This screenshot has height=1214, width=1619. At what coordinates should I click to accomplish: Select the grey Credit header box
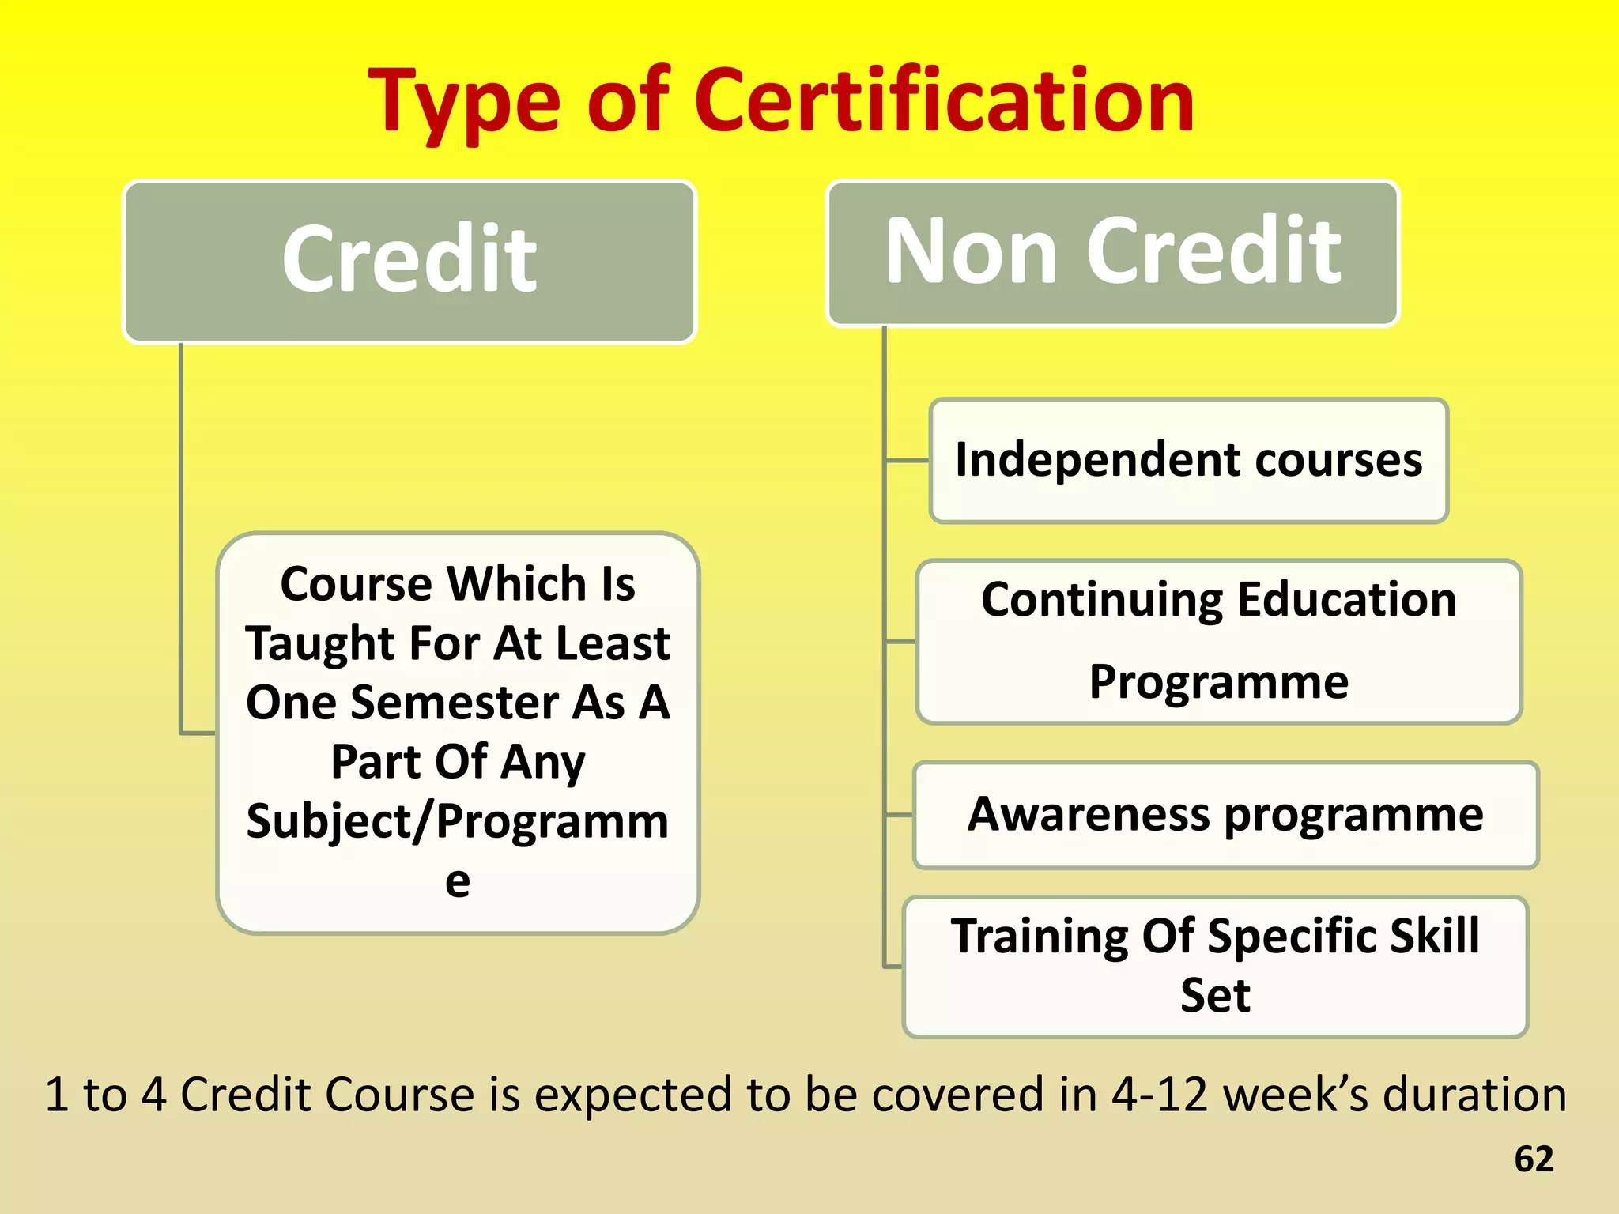click(409, 262)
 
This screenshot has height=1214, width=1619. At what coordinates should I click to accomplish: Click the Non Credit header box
click(1112, 253)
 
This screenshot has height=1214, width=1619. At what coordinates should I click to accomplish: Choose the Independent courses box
click(1188, 461)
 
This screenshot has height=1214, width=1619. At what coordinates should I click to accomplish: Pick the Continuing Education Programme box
click(1219, 641)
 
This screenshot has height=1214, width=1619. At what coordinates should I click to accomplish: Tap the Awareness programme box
click(1225, 815)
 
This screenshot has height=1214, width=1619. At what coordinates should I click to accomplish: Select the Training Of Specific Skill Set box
click(1215, 966)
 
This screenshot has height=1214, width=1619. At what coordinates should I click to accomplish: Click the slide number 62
click(1534, 1159)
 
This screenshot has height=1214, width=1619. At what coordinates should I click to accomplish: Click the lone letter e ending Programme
click(458, 881)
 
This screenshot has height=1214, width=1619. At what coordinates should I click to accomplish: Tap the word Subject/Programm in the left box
click(458, 821)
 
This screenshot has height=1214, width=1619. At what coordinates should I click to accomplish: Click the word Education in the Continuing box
click(1346, 600)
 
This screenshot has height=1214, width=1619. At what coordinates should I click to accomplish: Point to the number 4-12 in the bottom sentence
click(1159, 1095)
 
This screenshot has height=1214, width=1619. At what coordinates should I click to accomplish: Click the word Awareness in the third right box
click(1089, 814)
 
